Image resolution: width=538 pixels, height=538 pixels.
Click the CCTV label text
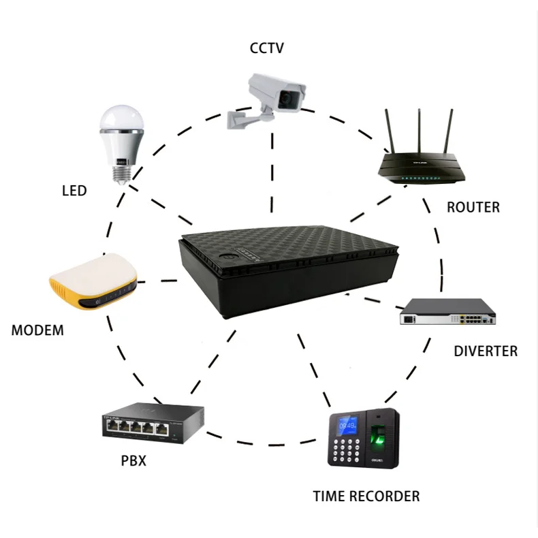(267, 48)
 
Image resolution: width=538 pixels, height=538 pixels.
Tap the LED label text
(74, 191)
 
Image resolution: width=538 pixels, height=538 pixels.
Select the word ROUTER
(473, 207)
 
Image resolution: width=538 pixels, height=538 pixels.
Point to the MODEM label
(37, 331)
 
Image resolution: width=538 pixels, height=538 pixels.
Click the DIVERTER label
(486, 351)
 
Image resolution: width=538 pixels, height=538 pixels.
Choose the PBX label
(133, 461)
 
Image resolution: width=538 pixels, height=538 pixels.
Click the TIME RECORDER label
(366, 495)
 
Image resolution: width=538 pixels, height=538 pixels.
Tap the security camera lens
(290, 99)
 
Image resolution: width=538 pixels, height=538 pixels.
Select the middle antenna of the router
(418, 133)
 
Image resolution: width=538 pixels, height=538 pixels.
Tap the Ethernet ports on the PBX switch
(135, 428)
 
